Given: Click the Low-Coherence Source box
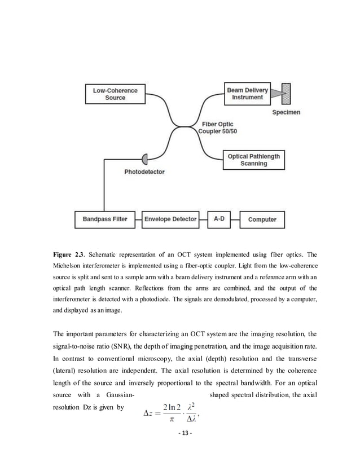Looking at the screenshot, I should point(115,94).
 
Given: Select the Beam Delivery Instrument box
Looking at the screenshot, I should point(248,94).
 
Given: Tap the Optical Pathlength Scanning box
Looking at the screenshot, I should point(253,160).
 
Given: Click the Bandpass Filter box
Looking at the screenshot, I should point(106,219).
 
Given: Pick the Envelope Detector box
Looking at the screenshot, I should point(170,219).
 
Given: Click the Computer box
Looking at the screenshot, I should point(262,219).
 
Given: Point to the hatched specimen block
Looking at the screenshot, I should point(286,93).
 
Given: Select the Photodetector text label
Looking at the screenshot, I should point(145,172).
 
